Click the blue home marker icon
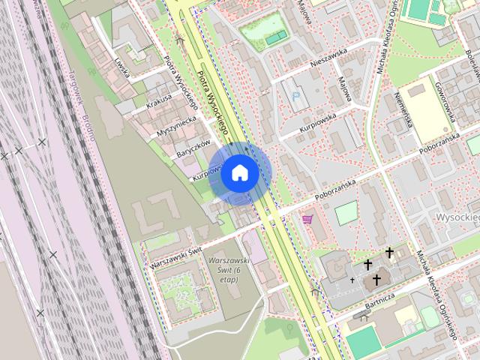pyautogui.click(x=239, y=172)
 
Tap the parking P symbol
pyautogui.click(x=298, y=96)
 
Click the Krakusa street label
pyautogui.click(x=159, y=101)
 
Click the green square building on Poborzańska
pyautogui.click(x=346, y=214)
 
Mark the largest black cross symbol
pyautogui.click(x=376, y=280)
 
